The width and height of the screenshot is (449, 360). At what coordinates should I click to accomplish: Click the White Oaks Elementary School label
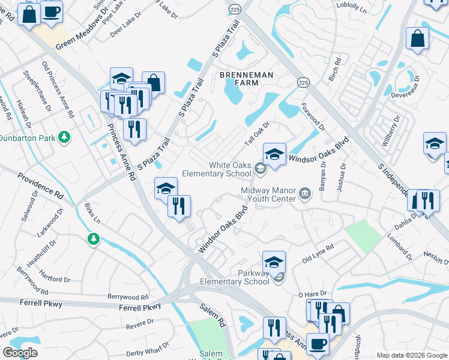[230, 169]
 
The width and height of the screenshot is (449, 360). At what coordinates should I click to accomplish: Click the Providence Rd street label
[40, 186]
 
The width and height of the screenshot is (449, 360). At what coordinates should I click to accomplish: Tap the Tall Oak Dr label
[258, 134]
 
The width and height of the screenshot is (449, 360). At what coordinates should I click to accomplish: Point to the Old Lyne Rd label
[318, 254]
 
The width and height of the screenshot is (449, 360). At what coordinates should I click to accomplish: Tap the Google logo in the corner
[20, 353]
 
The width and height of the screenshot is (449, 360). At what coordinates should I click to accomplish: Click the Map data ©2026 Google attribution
[411, 355]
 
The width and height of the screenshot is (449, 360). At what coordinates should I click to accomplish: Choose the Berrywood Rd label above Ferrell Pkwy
[128, 297]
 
